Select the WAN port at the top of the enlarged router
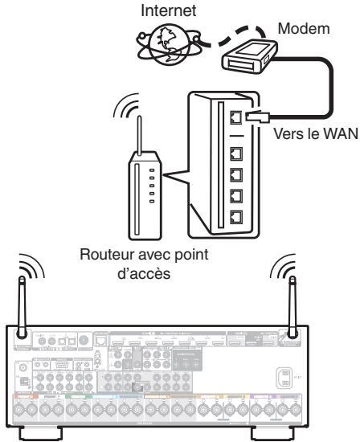click(237, 119)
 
